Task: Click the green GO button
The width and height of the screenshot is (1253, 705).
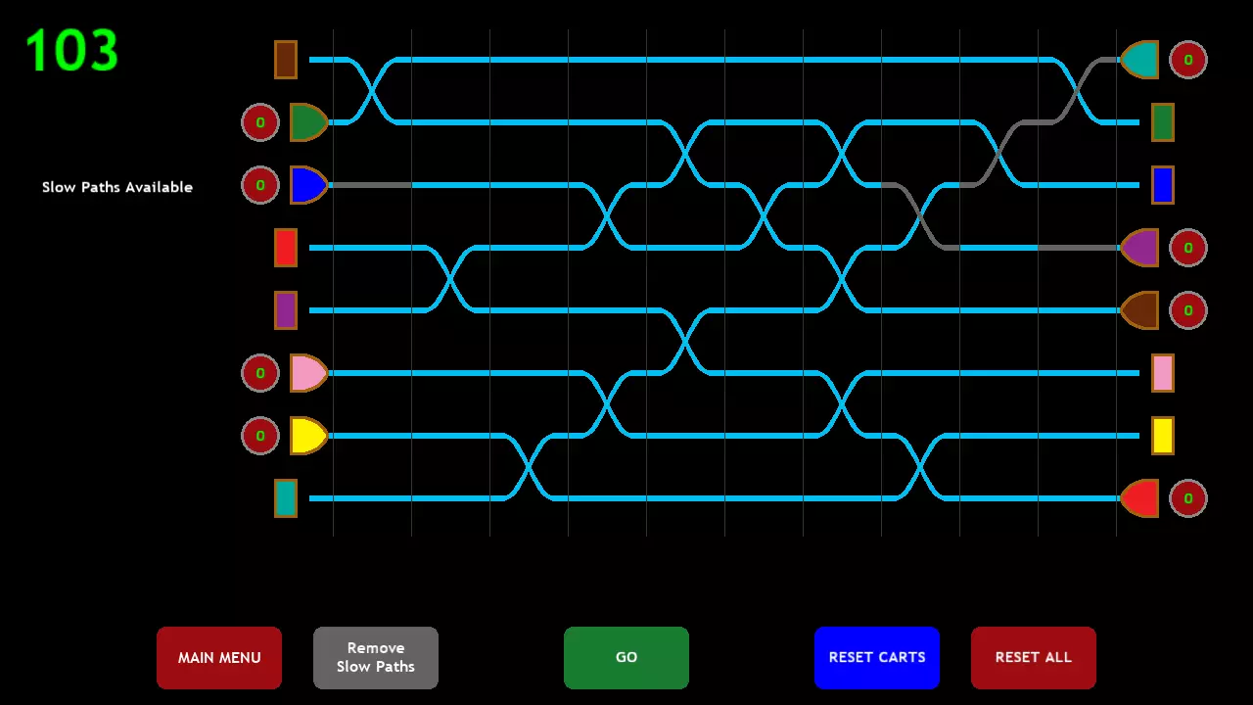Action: [x=626, y=657]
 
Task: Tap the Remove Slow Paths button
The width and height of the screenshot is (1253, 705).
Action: [x=375, y=657]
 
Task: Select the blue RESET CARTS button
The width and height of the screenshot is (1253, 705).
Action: [x=876, y=657]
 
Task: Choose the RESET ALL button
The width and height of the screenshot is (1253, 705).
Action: [x=1033, y=657]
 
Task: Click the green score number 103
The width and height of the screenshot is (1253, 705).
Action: [x=72, y=50]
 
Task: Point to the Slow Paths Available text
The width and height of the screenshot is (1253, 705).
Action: [x=117, y=187]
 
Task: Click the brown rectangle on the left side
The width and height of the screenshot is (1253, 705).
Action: [x=285, y=60]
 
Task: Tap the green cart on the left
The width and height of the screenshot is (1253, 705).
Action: [x=308, y=122]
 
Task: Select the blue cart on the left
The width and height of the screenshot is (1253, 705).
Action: [x=308, y=185]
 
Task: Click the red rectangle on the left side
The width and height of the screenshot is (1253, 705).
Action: [x=285, y=248]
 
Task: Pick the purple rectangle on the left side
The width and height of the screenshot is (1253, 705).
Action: [x=285, y=310]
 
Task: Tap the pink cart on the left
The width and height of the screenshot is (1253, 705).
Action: [x=308, y=373]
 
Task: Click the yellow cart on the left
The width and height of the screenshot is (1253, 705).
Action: [x=308, y=436]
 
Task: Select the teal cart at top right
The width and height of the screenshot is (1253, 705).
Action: [x=1140, y=60]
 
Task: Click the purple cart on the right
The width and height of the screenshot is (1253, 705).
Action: [x=1140, y=248]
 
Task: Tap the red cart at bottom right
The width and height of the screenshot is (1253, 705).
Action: [x=1140, y=498]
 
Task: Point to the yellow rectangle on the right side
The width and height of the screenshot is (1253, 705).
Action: [x=1162, y=436]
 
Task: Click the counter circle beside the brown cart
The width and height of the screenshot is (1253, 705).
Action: [x=1188, y=310]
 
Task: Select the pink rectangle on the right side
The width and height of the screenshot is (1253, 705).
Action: [x=1162, y=373]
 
